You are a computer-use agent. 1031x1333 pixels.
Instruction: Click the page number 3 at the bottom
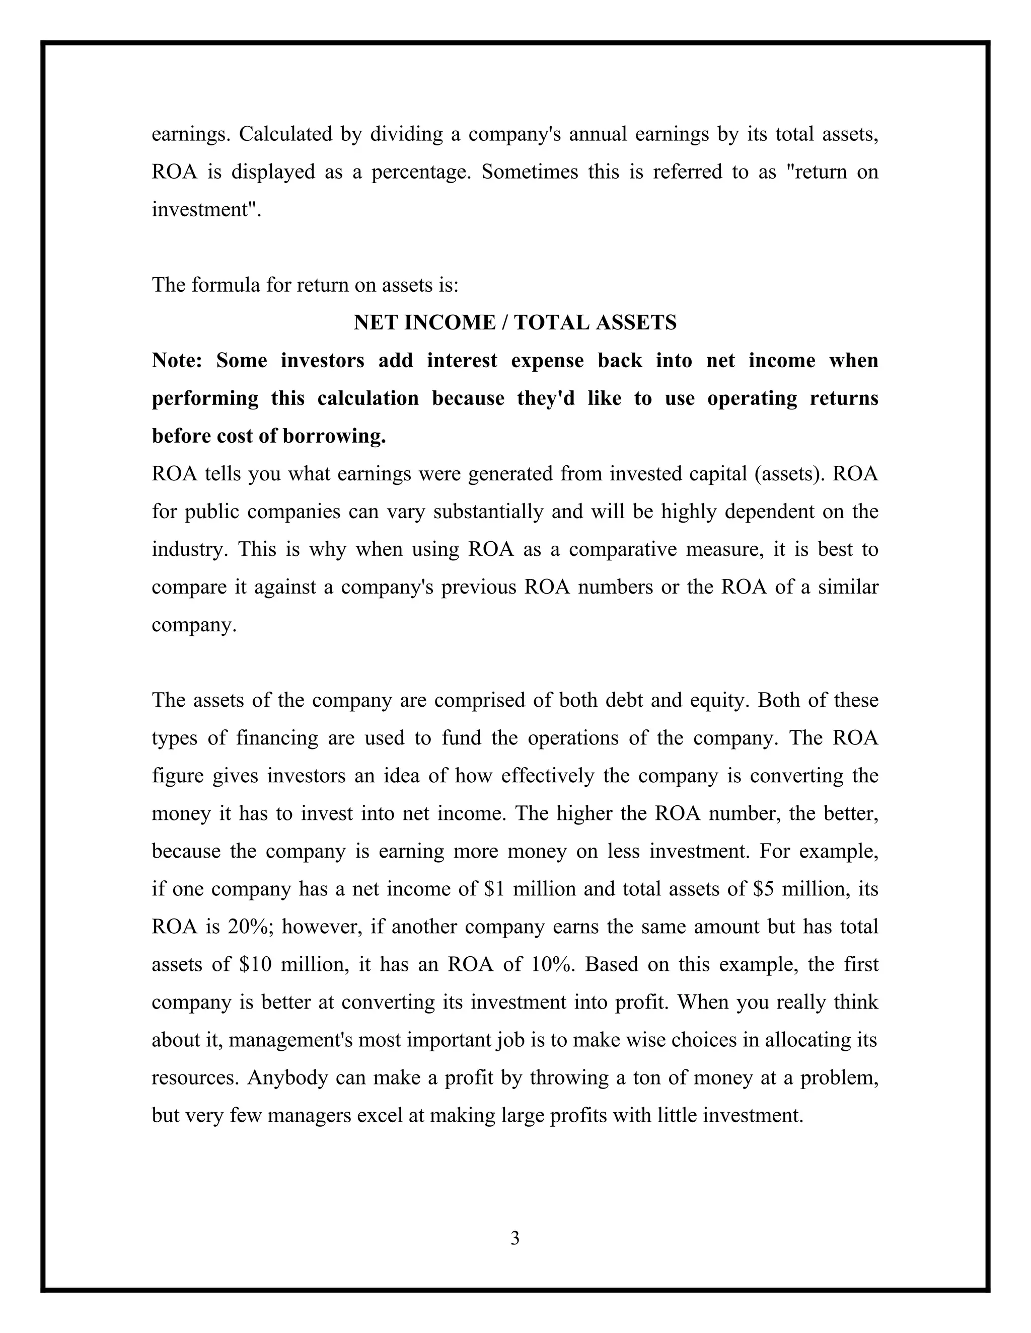click(515, 1238)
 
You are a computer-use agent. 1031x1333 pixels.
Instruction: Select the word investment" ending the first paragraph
click(206, 210)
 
